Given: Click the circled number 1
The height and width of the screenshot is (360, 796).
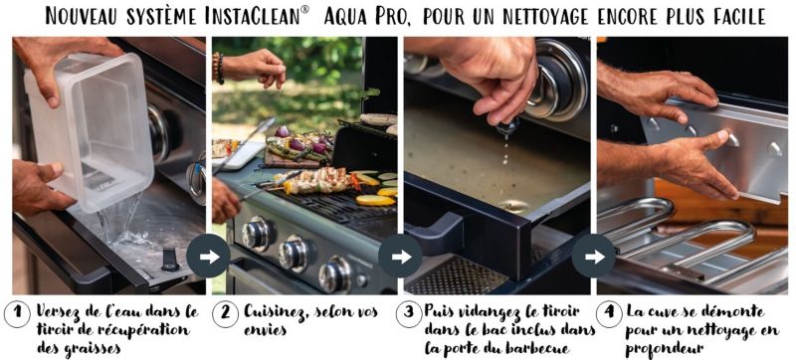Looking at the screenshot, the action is click(17, 315).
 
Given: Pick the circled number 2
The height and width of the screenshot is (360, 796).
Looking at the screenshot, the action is click(226, 315).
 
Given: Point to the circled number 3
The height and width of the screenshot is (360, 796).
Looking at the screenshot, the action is click(409, 315).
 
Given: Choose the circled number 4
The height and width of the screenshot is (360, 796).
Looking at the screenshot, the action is click(609, 315).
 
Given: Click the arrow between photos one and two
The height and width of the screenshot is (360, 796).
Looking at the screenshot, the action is click(209, 256).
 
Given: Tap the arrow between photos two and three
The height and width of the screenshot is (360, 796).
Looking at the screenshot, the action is click(401, 256).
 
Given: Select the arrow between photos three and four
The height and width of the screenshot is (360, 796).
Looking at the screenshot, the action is click(594, 256).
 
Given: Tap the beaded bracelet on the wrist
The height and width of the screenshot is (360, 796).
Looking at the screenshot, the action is click(218, 68).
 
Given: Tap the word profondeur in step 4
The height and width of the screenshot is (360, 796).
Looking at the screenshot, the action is click(664, 349).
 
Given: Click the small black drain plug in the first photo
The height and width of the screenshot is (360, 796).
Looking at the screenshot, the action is click(170, 261).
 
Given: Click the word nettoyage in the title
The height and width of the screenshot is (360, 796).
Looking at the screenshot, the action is click(546, 17).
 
